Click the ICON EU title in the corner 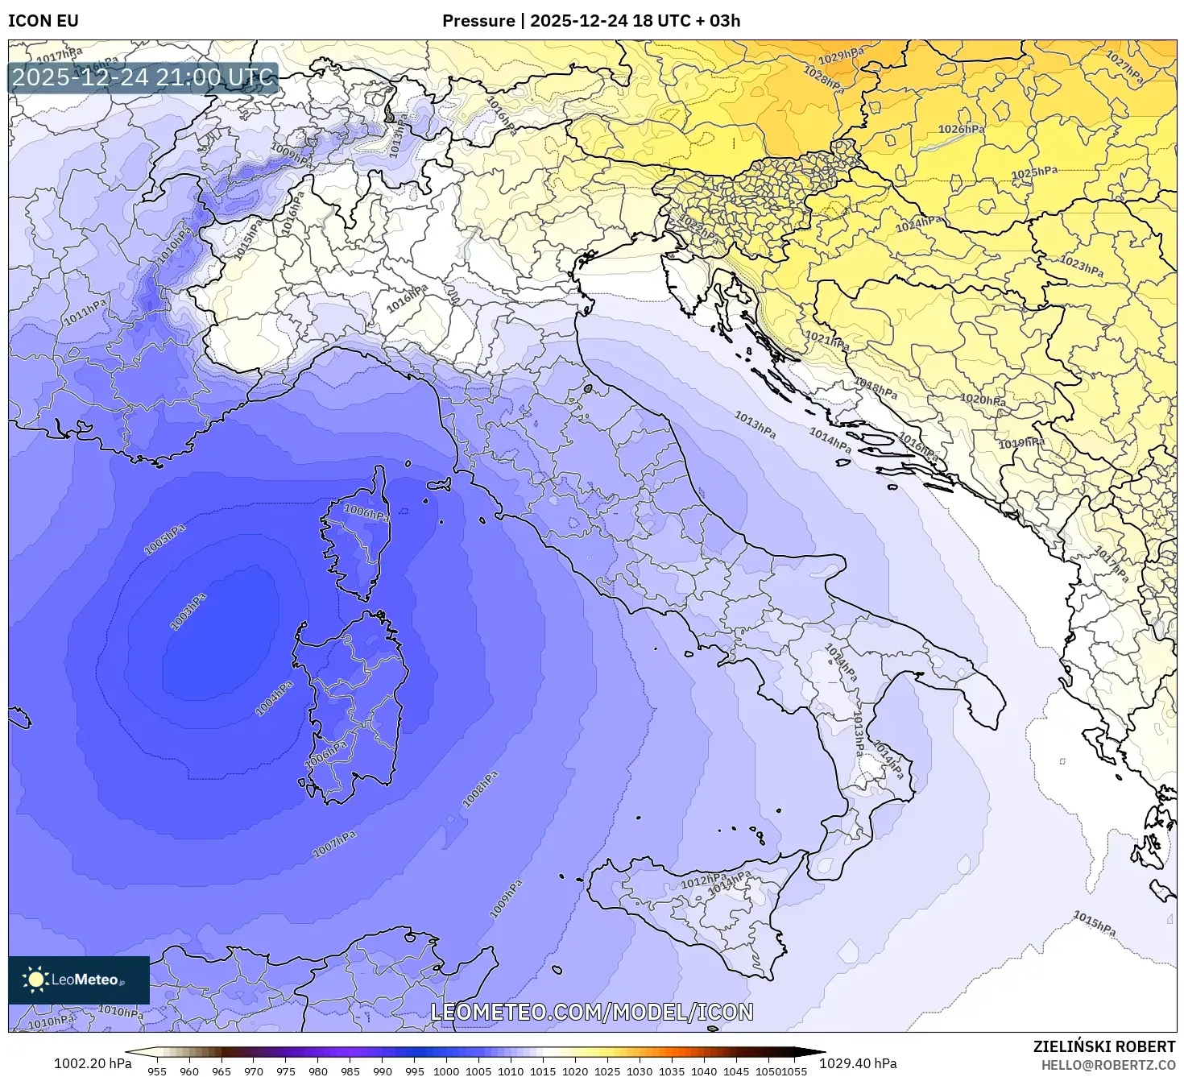tap(43, 20)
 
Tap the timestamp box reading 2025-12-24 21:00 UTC tap(143, 78)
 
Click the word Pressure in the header tap(478, 20)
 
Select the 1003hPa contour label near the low tap(188, 611)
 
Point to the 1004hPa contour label tap(274, 698)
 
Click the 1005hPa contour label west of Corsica tap(165, 539)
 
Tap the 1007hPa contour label tap(334, 844)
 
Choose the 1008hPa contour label tap(481, 789)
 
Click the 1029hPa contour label tap(840, 56)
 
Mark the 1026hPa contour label tap(961, 129)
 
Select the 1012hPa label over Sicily tap(703, 881)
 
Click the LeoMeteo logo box tap(79, 980)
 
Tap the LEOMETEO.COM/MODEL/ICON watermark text tap(592, 1012)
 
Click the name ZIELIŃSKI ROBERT tap(1103, 1046)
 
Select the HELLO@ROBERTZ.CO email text tap(1108, 1065)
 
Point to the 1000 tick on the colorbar tap(446, 1071)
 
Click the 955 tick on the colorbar tap(157, 1071)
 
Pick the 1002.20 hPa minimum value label tap(93, 1063)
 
